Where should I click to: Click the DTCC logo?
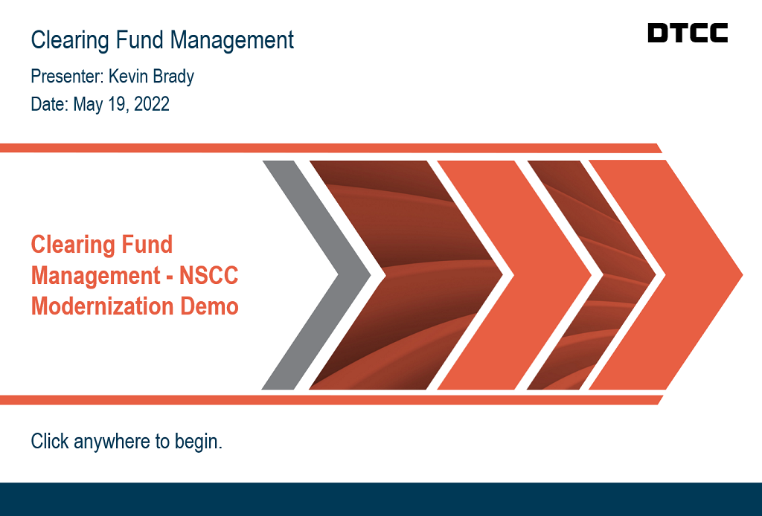[687, 33]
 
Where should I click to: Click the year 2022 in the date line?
[151, 104]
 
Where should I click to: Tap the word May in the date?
[88, 105]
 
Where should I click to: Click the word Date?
[49, 104]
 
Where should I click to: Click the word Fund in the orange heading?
[145, 245]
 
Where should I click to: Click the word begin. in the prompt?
[198, 442]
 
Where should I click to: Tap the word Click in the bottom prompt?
[48, 441]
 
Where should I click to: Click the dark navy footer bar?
[381, 499]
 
